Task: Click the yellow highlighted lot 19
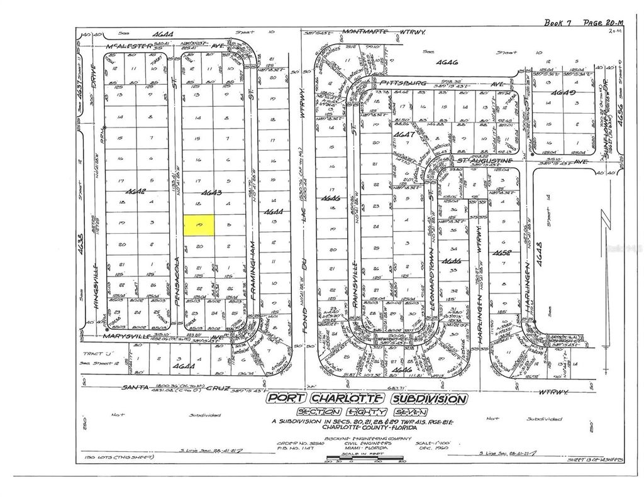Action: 199,225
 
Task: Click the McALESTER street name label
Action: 123,46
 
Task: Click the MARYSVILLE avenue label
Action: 112,336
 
